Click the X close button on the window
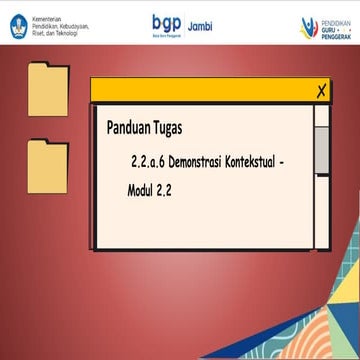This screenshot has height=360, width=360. coord(320,91)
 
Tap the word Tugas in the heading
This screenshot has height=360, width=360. coord(189,128)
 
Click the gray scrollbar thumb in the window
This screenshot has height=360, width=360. coord(321,149)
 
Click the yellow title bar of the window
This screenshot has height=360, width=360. coord(200,91)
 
